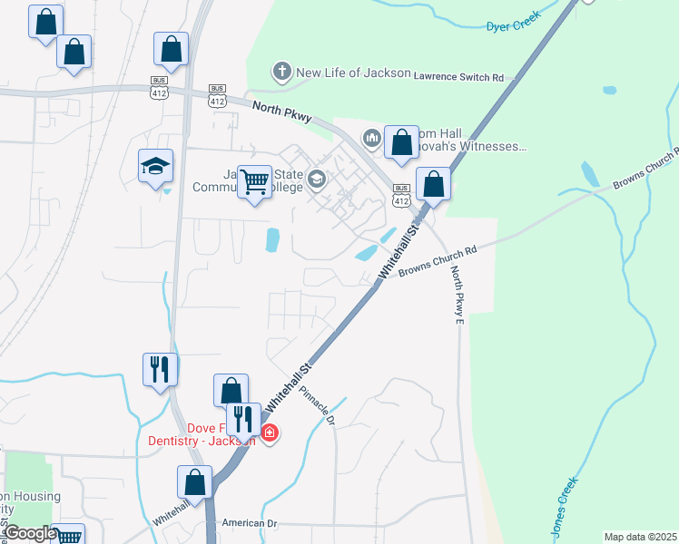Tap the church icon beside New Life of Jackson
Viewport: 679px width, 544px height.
[x=282, y=71]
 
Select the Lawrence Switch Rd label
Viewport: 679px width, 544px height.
[x=458, y=78]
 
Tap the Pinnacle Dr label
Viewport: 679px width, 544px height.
[x=318, y=409]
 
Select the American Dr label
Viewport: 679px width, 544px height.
[x=250, y=523]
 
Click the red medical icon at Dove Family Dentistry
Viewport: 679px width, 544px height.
[x=270, y=433]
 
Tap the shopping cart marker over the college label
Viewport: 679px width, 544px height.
[x=255, y=181]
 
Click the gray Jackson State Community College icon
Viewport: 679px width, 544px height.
[x=316, y=178]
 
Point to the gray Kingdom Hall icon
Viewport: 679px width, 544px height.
[x=370, y=138]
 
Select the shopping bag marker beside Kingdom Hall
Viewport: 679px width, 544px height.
[x=401, y=142]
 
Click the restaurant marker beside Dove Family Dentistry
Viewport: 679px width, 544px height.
[x=243, y=419]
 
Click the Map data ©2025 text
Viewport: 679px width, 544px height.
[x=640, y=537]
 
